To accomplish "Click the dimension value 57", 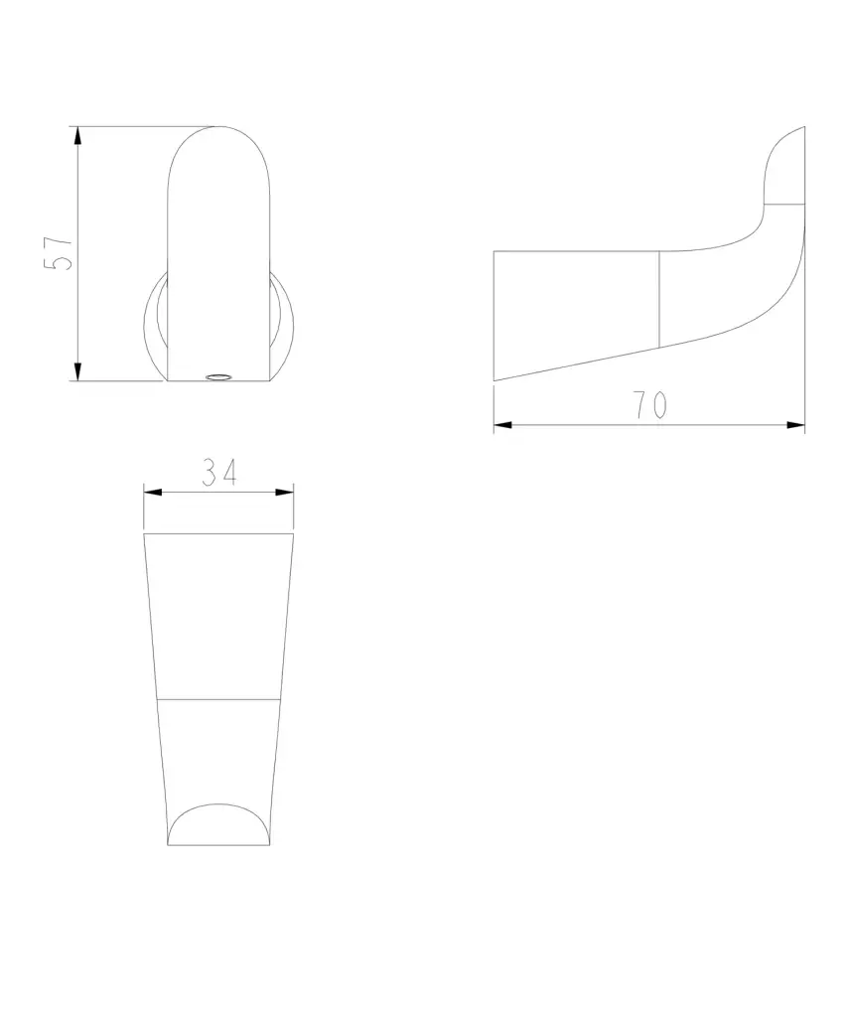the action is pos(58,253).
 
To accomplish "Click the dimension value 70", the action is pos(650,405).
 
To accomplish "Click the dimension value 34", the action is pos(219,472).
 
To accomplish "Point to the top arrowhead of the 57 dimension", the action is pos(77,136).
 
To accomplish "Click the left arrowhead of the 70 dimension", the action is pos(503,425).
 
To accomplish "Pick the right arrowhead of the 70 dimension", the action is pos(795,425).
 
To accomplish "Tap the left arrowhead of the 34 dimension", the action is pos(153,493).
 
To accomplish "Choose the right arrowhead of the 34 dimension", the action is pos(284,493).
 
